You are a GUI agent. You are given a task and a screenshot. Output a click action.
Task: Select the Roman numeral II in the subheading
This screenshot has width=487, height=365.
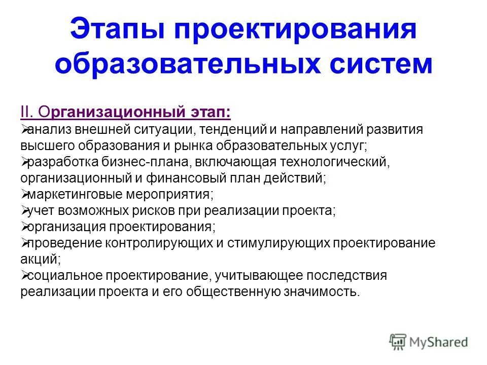(x=26, y=112)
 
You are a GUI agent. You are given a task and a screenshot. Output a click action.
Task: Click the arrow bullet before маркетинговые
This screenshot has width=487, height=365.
(x=24, y=194)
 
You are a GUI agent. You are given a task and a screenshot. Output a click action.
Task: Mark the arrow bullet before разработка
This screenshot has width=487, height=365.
(x=24, y=162)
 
